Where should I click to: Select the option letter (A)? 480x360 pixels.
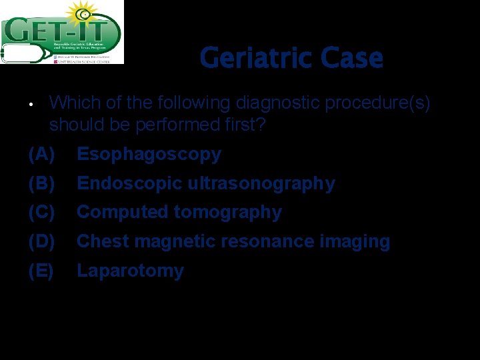[41, 155]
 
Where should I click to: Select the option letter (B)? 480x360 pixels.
[41, 183]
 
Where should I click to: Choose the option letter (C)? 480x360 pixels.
[41, 213]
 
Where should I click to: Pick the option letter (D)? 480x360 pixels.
[41, 241]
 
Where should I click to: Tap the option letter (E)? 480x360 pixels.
[41, 271]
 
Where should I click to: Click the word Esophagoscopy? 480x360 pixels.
[149, 155]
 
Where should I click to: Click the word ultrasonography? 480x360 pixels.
[261, 183]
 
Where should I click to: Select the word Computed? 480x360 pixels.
[123, 213]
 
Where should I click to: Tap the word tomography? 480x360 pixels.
[228, 213]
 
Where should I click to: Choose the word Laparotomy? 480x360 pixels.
[130, 271]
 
